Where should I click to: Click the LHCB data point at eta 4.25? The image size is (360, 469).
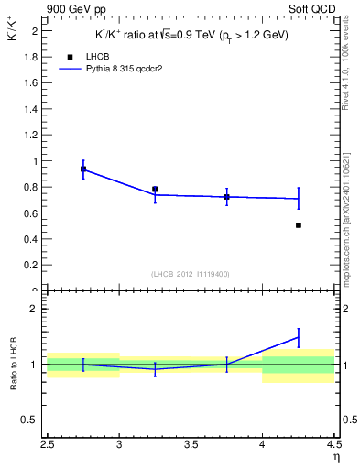pyautogui.click(x=299, y=224)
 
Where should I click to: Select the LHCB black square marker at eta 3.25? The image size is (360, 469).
pyautogui.click(x=155, y=189)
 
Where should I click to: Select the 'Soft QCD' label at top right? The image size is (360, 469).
pyautogui.click(x=314, y=9)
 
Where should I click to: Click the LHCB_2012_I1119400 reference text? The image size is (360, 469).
pyautogui.click(x=191, y=274)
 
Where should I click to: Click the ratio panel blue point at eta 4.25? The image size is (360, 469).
pyautogui.click(x=299, y=337)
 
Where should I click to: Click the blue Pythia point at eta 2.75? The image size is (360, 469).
pyautogui.click(x=83, y=169)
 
